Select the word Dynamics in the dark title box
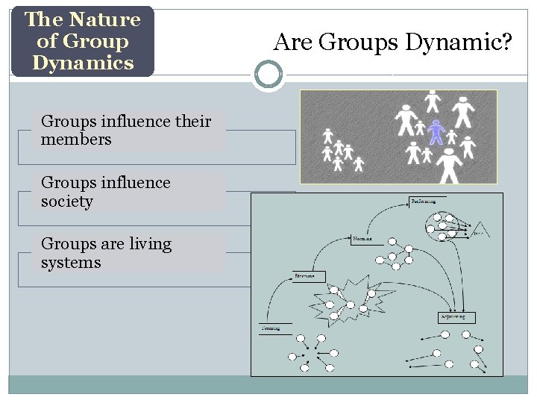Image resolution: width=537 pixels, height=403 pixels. pos(82,63)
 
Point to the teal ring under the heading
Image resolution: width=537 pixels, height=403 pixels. pos(268,75)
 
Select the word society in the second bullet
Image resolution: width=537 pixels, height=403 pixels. pos(67,201)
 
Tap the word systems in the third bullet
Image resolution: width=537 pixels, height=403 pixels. pos(71,263)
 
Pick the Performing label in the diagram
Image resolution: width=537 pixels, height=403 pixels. pos(424,201)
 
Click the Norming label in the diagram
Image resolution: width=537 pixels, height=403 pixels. pos(362,239)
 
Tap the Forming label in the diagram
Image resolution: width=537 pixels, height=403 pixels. pos(270,328)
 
